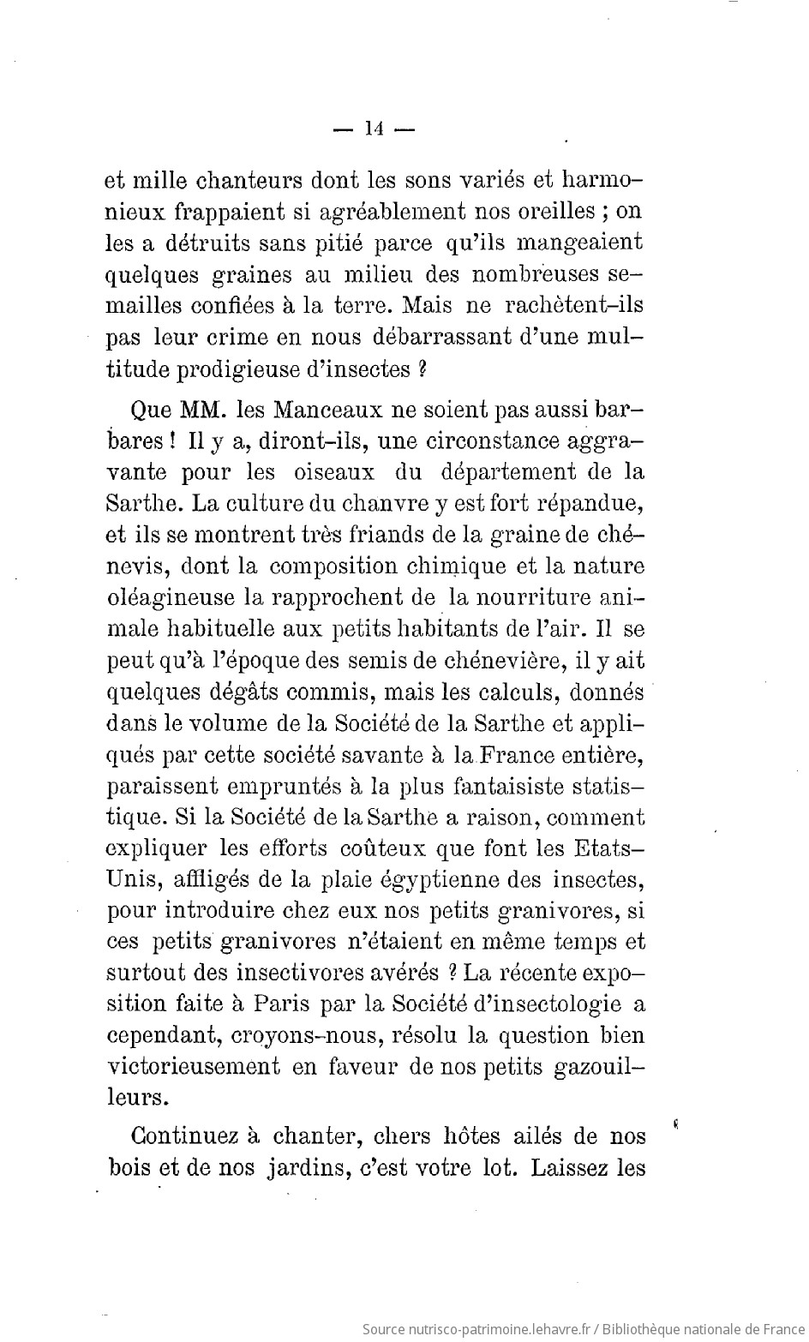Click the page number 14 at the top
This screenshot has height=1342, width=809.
click(x=373, y=129)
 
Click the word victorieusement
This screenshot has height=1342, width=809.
click(x=195, y=1068)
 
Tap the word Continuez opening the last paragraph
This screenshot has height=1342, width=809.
click(x=183, y=1137)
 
